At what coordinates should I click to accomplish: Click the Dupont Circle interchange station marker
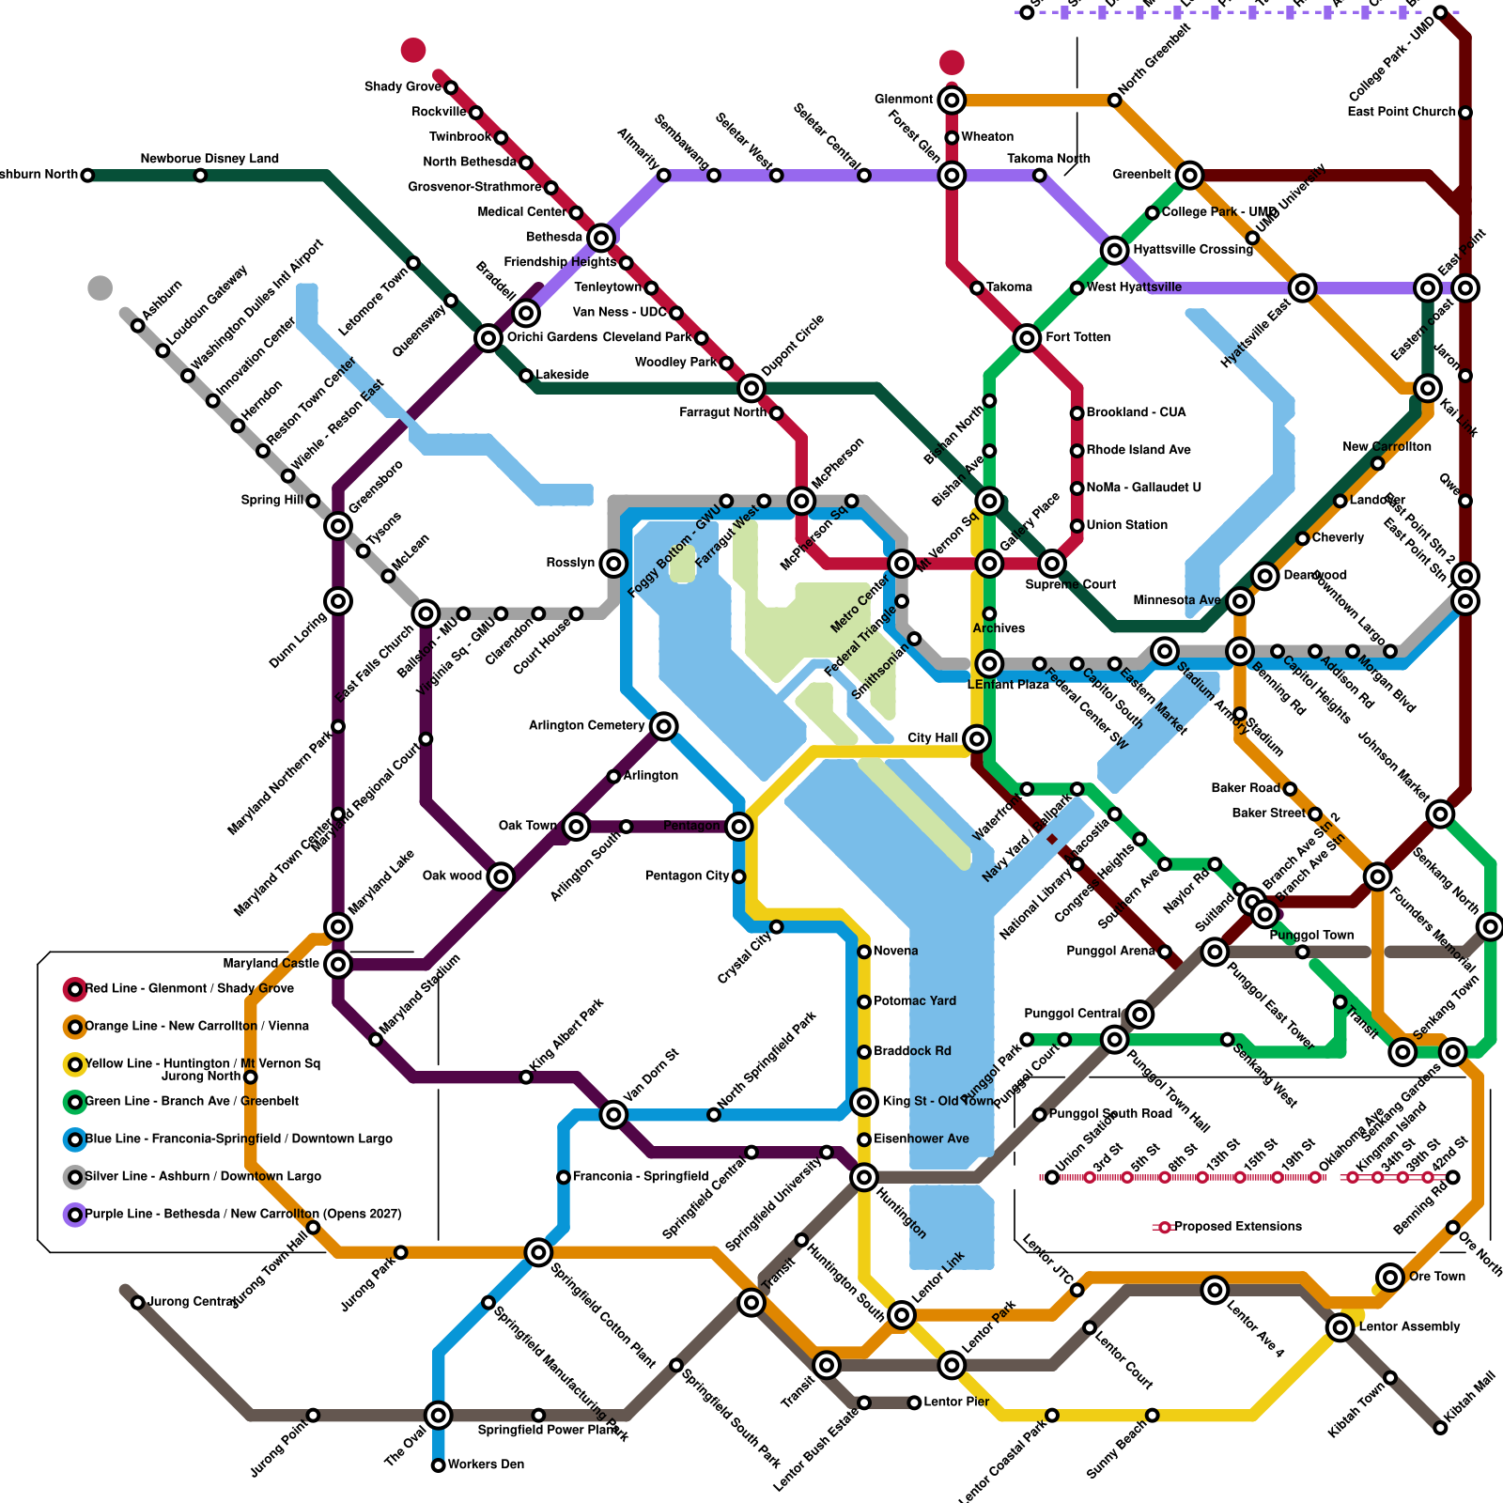point(751,387)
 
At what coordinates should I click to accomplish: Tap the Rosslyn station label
point(570,563)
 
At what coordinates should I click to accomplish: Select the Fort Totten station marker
point(1027,337)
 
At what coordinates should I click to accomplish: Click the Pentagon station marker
point(739,827)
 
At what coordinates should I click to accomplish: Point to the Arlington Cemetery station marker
point(664,725)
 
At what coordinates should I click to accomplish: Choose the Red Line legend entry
point(189,989)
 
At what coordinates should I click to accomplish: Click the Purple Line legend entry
point(242,1215)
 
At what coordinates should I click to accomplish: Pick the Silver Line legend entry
point(202,1177)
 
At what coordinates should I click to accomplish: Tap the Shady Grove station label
point(402,87)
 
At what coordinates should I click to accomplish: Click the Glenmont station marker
point(952,100)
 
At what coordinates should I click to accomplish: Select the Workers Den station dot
point(439,1465)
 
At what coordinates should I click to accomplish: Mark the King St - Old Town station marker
point(864,1102)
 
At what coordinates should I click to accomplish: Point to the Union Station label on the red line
point(1126,525)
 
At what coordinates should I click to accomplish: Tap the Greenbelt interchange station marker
point(1190,175)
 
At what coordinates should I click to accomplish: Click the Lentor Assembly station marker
point(1340,1327)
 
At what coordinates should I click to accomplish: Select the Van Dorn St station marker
point(613,1115)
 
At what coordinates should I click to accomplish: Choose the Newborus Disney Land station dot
point(200,176)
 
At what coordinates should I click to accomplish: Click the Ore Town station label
point(1436,1277)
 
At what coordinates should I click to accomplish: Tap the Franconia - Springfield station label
point(640,1177)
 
